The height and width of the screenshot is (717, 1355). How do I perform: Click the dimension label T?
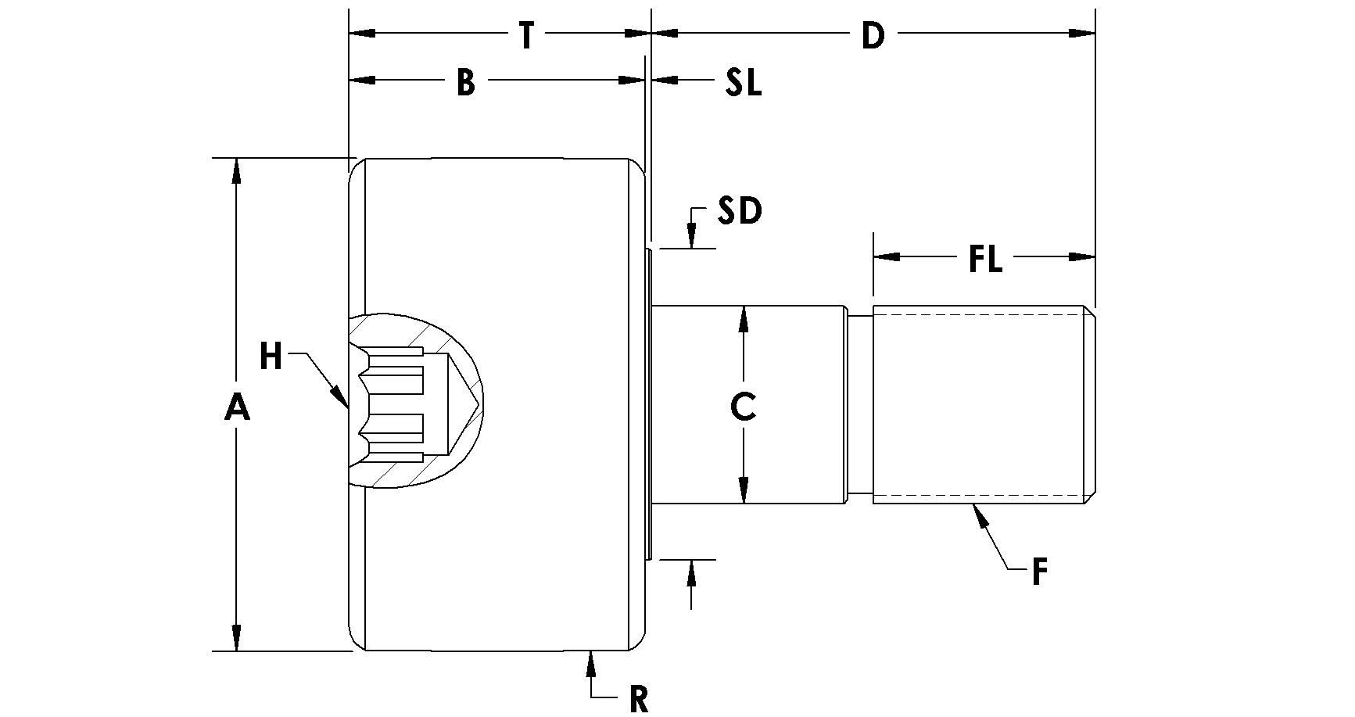[x=526, y=35]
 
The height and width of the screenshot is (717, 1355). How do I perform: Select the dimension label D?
[x=873, y=35]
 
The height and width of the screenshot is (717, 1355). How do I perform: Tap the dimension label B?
[x=466, y=82]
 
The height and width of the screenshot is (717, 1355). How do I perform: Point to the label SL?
[x=743, y=82]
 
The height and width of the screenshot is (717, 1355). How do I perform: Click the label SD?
[x=740, y=211]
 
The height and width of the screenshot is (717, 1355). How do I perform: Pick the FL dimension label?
[x=985, y=259]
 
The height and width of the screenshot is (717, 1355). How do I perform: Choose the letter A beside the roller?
[x=237, y=407]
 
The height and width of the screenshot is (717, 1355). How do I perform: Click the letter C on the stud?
[x=743, y=406]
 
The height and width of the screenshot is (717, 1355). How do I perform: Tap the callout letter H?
[x=271, y=357]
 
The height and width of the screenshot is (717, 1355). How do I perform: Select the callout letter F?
[x=1039, y=572]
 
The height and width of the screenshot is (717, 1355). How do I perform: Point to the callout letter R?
[x=639, y=700]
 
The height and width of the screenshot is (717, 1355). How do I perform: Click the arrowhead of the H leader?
[x=341, y=398]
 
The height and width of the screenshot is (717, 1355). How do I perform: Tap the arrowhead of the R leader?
[x=590, y=662]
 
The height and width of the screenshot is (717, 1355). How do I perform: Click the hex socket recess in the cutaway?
[x=407, y=402]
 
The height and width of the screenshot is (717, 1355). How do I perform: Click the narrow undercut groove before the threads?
[x=860, y=403]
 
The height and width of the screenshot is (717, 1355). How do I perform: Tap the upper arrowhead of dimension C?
[x=743, y=317]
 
